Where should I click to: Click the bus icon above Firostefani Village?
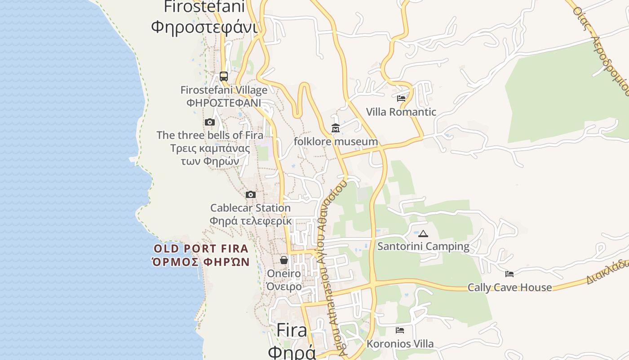(224, 76)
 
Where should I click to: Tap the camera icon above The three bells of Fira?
(210, 122)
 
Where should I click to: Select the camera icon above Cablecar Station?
(251, 194)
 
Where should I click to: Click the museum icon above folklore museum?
(336, 129)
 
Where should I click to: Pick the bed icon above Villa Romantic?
(401, 98)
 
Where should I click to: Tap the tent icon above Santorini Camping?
(423, 234)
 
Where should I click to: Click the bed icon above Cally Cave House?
(509, 274)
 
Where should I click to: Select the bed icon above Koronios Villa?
(400, 330)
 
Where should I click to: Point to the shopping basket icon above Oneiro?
(284, 260)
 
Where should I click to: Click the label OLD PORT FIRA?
(201, 248)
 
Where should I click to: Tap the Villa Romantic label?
(401, 112)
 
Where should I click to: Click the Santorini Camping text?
(423, 247)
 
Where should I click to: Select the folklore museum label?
(336, 142)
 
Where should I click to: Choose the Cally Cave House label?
(509, 288)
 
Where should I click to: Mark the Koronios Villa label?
(400, 344)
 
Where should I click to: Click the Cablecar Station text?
(250, 208)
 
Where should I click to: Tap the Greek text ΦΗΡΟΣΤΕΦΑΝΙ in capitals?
(224, 103)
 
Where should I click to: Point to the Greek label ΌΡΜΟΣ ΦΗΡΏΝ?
(201, 261)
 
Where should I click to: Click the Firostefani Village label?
(224, 90)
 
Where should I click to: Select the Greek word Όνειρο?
(284, 287)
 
